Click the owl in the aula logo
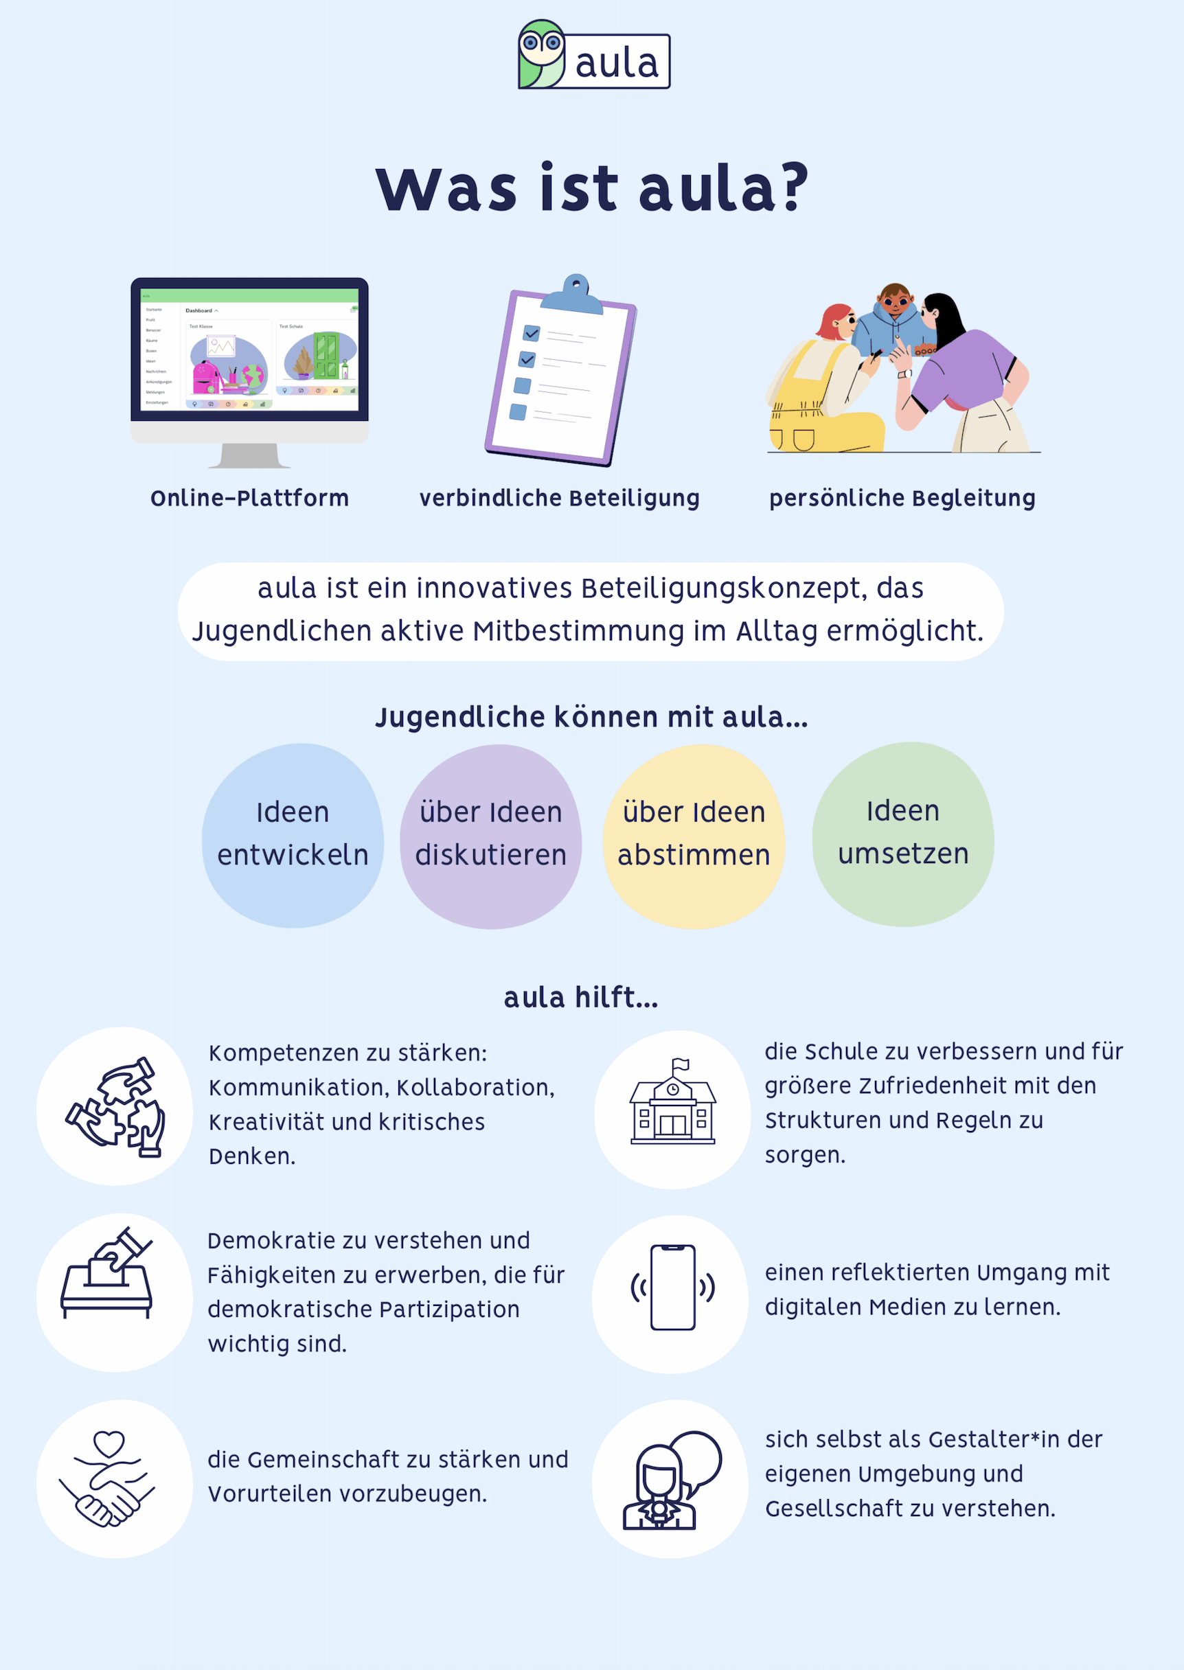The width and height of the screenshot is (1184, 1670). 541,54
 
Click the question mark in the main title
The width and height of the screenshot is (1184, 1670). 794,187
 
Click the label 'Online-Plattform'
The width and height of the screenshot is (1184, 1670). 249,499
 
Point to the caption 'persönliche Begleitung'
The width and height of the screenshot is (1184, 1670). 902,499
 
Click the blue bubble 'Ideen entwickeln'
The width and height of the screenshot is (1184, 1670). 293,834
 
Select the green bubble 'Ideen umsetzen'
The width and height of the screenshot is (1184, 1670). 902,834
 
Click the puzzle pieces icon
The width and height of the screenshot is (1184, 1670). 115,1106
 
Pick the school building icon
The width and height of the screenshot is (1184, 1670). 672,1108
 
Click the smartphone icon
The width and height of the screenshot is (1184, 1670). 672,1288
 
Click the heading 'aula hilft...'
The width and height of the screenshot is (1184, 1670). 581,997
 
